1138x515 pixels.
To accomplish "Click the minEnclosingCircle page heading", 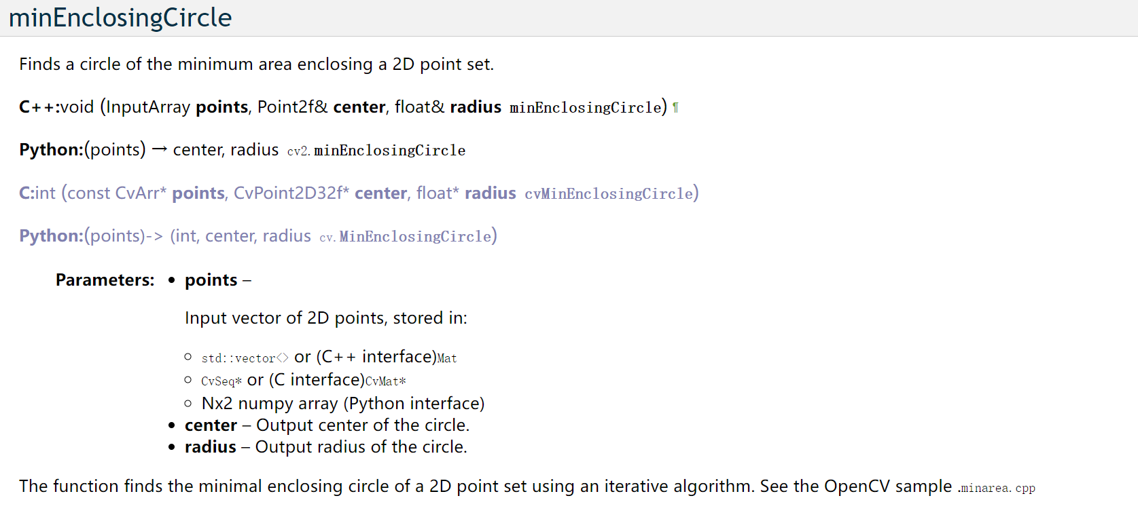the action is [120, 18].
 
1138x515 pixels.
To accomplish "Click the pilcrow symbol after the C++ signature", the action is [675, 108].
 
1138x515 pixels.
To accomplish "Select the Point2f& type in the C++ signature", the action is [292, 107].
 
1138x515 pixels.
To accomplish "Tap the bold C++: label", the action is [39, 107].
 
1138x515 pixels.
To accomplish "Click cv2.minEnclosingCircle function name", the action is [376, 151].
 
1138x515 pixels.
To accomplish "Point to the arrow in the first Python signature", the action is [160, 150].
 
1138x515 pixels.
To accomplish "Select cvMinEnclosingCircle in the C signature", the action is [609, 194].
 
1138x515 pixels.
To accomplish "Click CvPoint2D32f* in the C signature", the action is [291, 193].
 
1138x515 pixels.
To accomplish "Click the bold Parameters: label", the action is [105, 280].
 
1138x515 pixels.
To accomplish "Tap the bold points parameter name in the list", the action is [211, 280].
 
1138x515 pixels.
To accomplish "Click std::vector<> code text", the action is [245, 358].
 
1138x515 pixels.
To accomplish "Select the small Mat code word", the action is [447, 358].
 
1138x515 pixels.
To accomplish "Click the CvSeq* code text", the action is [221, 381].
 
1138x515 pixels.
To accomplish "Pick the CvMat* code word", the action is [386, 381].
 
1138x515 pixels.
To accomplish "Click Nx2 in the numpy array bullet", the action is [217, 404].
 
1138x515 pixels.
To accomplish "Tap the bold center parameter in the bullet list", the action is [211, 425].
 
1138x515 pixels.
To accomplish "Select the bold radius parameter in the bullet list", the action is [211, 447].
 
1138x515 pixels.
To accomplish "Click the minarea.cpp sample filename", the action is [997, 488].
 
